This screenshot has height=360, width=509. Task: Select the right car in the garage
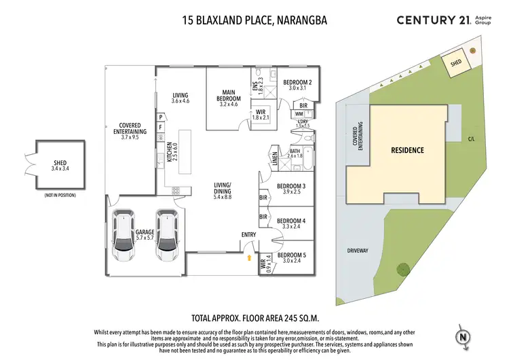pos(168,236)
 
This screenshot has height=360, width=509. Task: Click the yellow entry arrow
pos(248,257)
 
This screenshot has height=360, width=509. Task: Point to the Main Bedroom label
pos(230,98)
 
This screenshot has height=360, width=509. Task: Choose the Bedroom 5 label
pos(296,258)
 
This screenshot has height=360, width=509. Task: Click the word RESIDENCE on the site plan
pos(407,150)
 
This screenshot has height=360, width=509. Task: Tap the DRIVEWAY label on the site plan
pos(357,251)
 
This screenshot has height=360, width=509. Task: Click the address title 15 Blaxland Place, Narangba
pos(254,20)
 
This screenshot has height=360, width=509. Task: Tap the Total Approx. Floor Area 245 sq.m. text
pos(254,317)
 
